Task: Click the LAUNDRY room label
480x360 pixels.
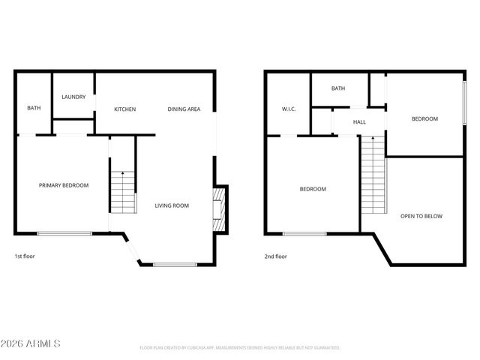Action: (73, 97)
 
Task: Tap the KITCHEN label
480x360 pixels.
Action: (125, 109)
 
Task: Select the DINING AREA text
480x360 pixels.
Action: (184, 109)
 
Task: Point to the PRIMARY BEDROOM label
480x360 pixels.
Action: (64, 185)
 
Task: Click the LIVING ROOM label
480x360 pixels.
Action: (172, 205)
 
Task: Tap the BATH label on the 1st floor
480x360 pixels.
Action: (34, 108)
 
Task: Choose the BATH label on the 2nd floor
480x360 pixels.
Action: (338, 88)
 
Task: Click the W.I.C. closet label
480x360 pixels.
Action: (289, 109)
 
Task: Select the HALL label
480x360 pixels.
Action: (359, 121)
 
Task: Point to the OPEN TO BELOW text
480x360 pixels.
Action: (421, 216)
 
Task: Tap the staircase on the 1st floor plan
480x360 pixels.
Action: (123, 192)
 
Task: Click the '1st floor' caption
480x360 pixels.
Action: (25, 256)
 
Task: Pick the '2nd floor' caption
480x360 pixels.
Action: (275, 256)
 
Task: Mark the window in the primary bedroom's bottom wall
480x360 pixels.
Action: (64, 233)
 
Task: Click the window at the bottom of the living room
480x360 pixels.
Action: (175, 263)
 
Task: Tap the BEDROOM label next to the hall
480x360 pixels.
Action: (424, 119)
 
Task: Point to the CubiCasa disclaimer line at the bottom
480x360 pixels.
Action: (240, 348)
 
